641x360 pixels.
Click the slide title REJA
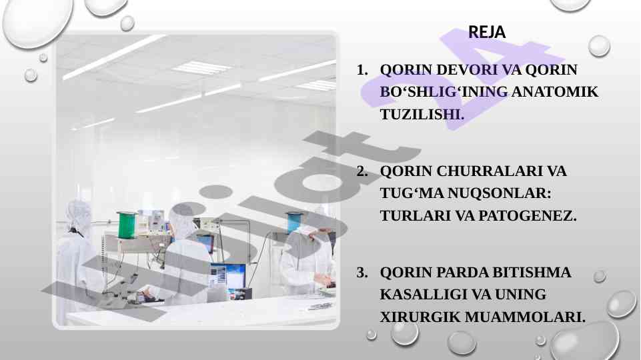point(487,32)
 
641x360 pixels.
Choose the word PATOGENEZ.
point(527,216)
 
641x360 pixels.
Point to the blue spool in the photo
point(293,222)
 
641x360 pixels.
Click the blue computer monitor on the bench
point(227,275)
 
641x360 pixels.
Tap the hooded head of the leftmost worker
point(78,215)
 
